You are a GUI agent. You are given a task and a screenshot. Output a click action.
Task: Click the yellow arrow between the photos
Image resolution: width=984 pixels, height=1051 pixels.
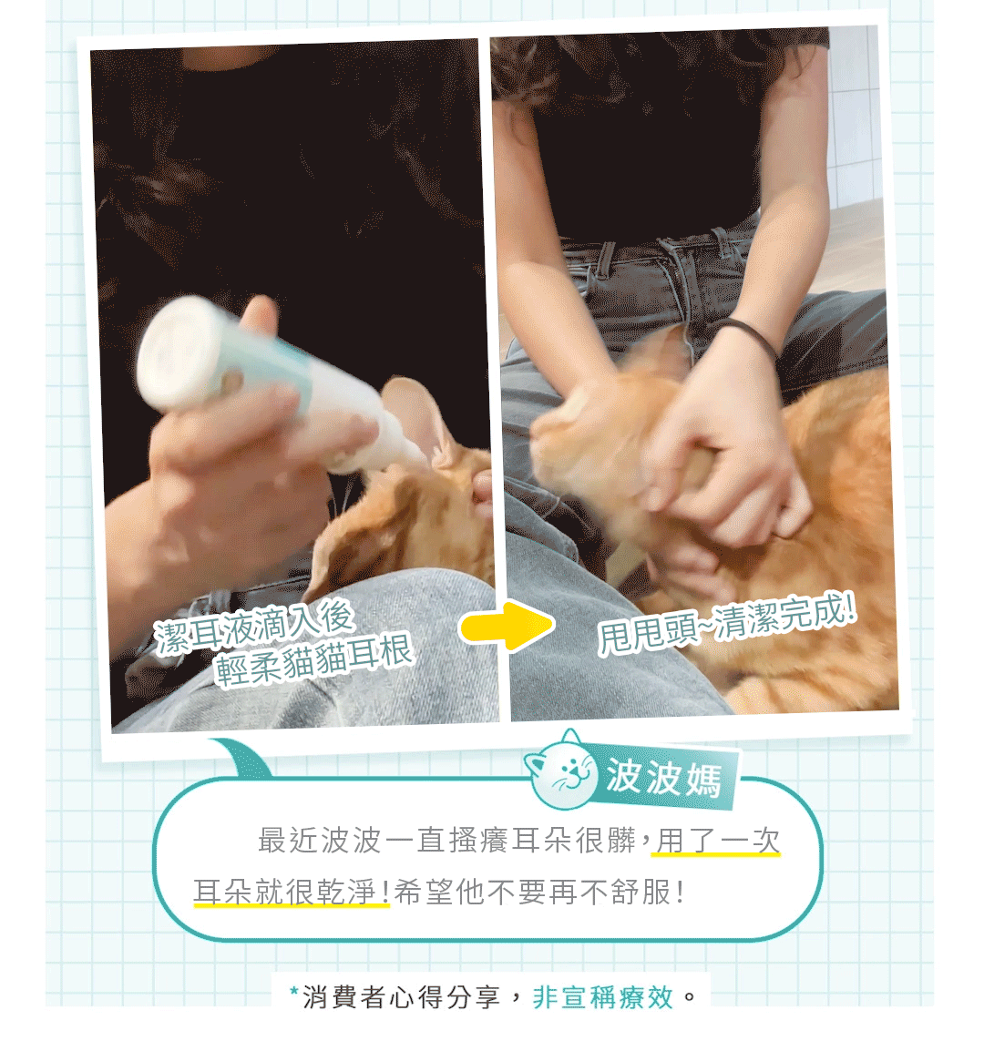tap(507, 626)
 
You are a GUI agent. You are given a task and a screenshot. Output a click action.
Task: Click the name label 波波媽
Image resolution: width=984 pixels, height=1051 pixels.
tap(663, 778)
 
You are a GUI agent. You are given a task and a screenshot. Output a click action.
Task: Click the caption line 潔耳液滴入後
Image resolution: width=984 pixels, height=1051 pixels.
tap(253, 627)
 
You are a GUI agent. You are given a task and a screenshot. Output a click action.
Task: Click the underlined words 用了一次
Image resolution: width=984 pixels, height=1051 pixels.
tap(717, 841)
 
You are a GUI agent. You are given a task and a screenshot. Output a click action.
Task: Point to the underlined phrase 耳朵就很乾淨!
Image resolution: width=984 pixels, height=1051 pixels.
tap(292, 893)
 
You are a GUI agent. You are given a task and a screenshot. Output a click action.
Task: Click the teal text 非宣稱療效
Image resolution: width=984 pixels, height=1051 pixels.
tap(602, 997)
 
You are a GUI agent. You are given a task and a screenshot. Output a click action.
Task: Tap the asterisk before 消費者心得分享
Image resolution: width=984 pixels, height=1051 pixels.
tap(293, 991)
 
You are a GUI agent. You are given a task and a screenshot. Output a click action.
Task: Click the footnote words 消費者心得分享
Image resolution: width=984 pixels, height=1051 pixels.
tap(401, 997)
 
